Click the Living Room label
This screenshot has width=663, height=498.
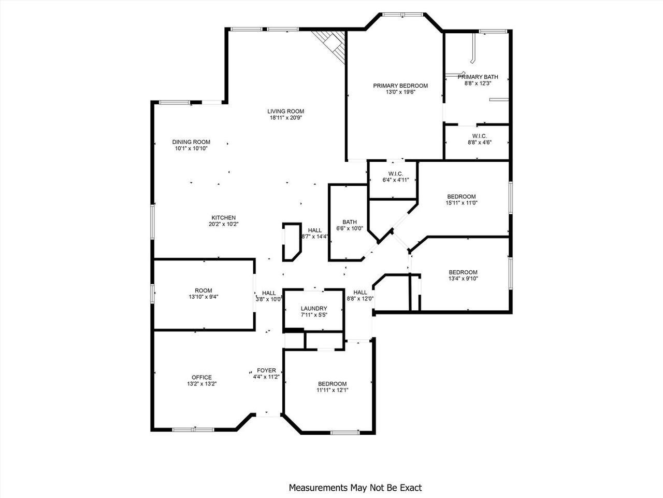click(x=285, y=111)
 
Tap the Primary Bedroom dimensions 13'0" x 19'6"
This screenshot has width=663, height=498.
click(x=400, y=92)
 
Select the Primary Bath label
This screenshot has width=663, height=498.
click(x=477, y=77)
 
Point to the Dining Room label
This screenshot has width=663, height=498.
click(x=191, y=142)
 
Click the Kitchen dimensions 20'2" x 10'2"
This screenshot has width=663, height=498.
click(x=223, y=224)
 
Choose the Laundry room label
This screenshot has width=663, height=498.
click(x=314, y=308)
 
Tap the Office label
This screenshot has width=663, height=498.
click(x=201, y=377)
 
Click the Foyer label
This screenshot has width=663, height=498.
click(x=266, y=370)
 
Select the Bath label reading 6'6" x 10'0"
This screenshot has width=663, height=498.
click(x=349, y=222)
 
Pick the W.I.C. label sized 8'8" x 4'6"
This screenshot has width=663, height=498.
click(x=479, y=136)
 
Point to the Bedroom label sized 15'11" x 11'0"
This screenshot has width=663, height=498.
click(x=461, y=197)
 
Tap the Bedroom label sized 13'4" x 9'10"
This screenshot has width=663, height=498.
click(x=463, y=272)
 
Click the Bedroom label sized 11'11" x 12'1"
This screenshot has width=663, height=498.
click(x=332, y=384)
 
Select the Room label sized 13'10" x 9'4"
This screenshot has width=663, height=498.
click(x=204, y=290)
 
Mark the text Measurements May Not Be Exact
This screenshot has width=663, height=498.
click(x=355, y=488)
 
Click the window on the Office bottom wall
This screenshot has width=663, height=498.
click(x=193, y=430)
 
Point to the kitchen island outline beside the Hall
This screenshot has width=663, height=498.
click(x=291, y=242)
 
